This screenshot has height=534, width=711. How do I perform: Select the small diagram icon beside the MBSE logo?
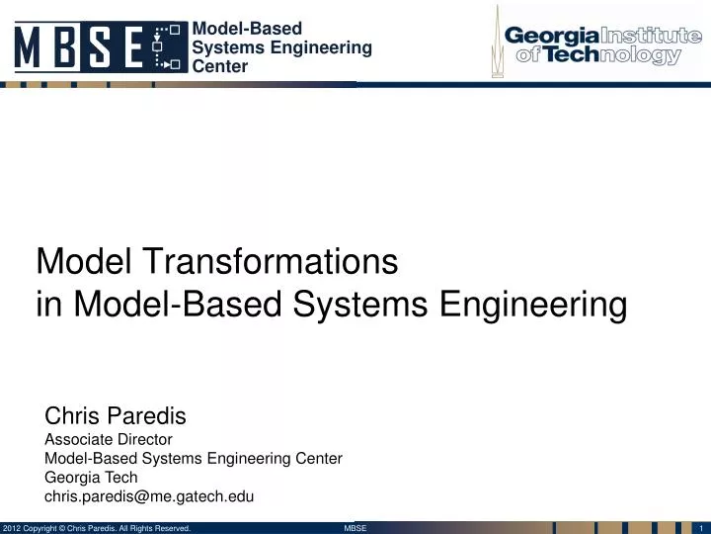(169, 47)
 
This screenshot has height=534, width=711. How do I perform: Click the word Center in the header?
(220, 66)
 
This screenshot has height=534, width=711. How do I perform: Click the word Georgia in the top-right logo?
(549, 36)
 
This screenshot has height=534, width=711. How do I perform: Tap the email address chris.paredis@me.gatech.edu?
(150, 495)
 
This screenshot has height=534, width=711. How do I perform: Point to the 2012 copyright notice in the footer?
(97, 528)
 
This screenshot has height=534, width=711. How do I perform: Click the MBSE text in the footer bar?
(355, 528)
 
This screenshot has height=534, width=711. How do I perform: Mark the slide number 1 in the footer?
(698, 528)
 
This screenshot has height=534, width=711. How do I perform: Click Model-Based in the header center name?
(247, 29)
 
